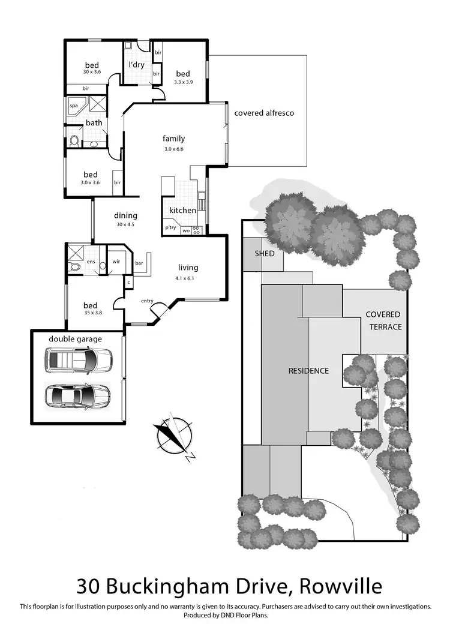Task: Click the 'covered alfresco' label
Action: point(264,113)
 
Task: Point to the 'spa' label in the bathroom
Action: point(74,106)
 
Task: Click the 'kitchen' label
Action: point(182,211)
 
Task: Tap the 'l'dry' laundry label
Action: point(136,65)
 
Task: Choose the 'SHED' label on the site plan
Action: point(265,253)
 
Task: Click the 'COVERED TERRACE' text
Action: point(383,320)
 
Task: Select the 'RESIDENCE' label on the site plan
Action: point(308,371)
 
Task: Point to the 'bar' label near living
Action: point(139,263)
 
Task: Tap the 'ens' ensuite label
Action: point(91,262)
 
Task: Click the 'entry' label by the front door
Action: point(148,301)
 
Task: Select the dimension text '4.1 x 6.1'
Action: point(187,278)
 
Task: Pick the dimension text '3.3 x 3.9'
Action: point(183,82)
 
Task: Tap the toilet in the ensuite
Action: point(74,266)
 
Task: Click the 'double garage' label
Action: point(76,339)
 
